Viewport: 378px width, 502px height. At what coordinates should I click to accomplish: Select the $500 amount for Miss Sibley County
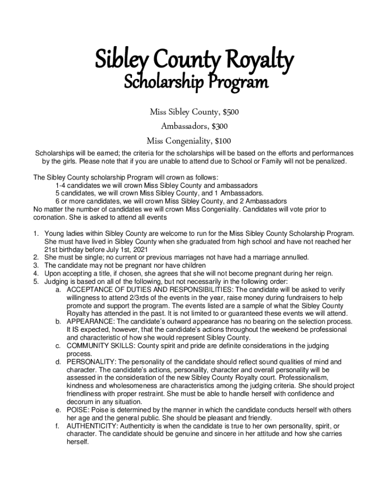tap(229, 113)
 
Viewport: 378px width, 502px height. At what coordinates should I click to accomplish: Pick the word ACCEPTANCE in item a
tap(91, 289)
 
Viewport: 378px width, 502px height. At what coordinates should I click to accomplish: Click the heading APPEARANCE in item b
tap(90, 321)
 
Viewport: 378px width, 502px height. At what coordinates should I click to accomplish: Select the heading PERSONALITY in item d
tap(91, 362)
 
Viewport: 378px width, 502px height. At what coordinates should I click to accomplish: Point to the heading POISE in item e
tap(78, 409)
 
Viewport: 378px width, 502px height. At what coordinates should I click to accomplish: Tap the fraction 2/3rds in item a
tap(140, 297)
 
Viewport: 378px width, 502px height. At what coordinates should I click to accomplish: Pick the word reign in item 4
tap(322, 274)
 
